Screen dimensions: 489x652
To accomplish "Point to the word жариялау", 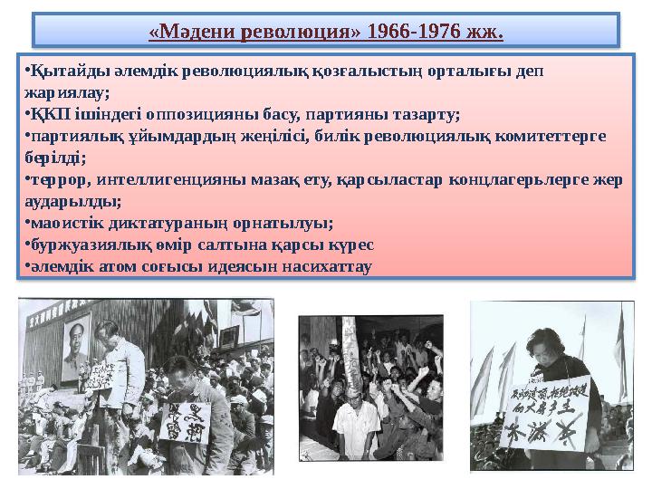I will click(x=67, y=92).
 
